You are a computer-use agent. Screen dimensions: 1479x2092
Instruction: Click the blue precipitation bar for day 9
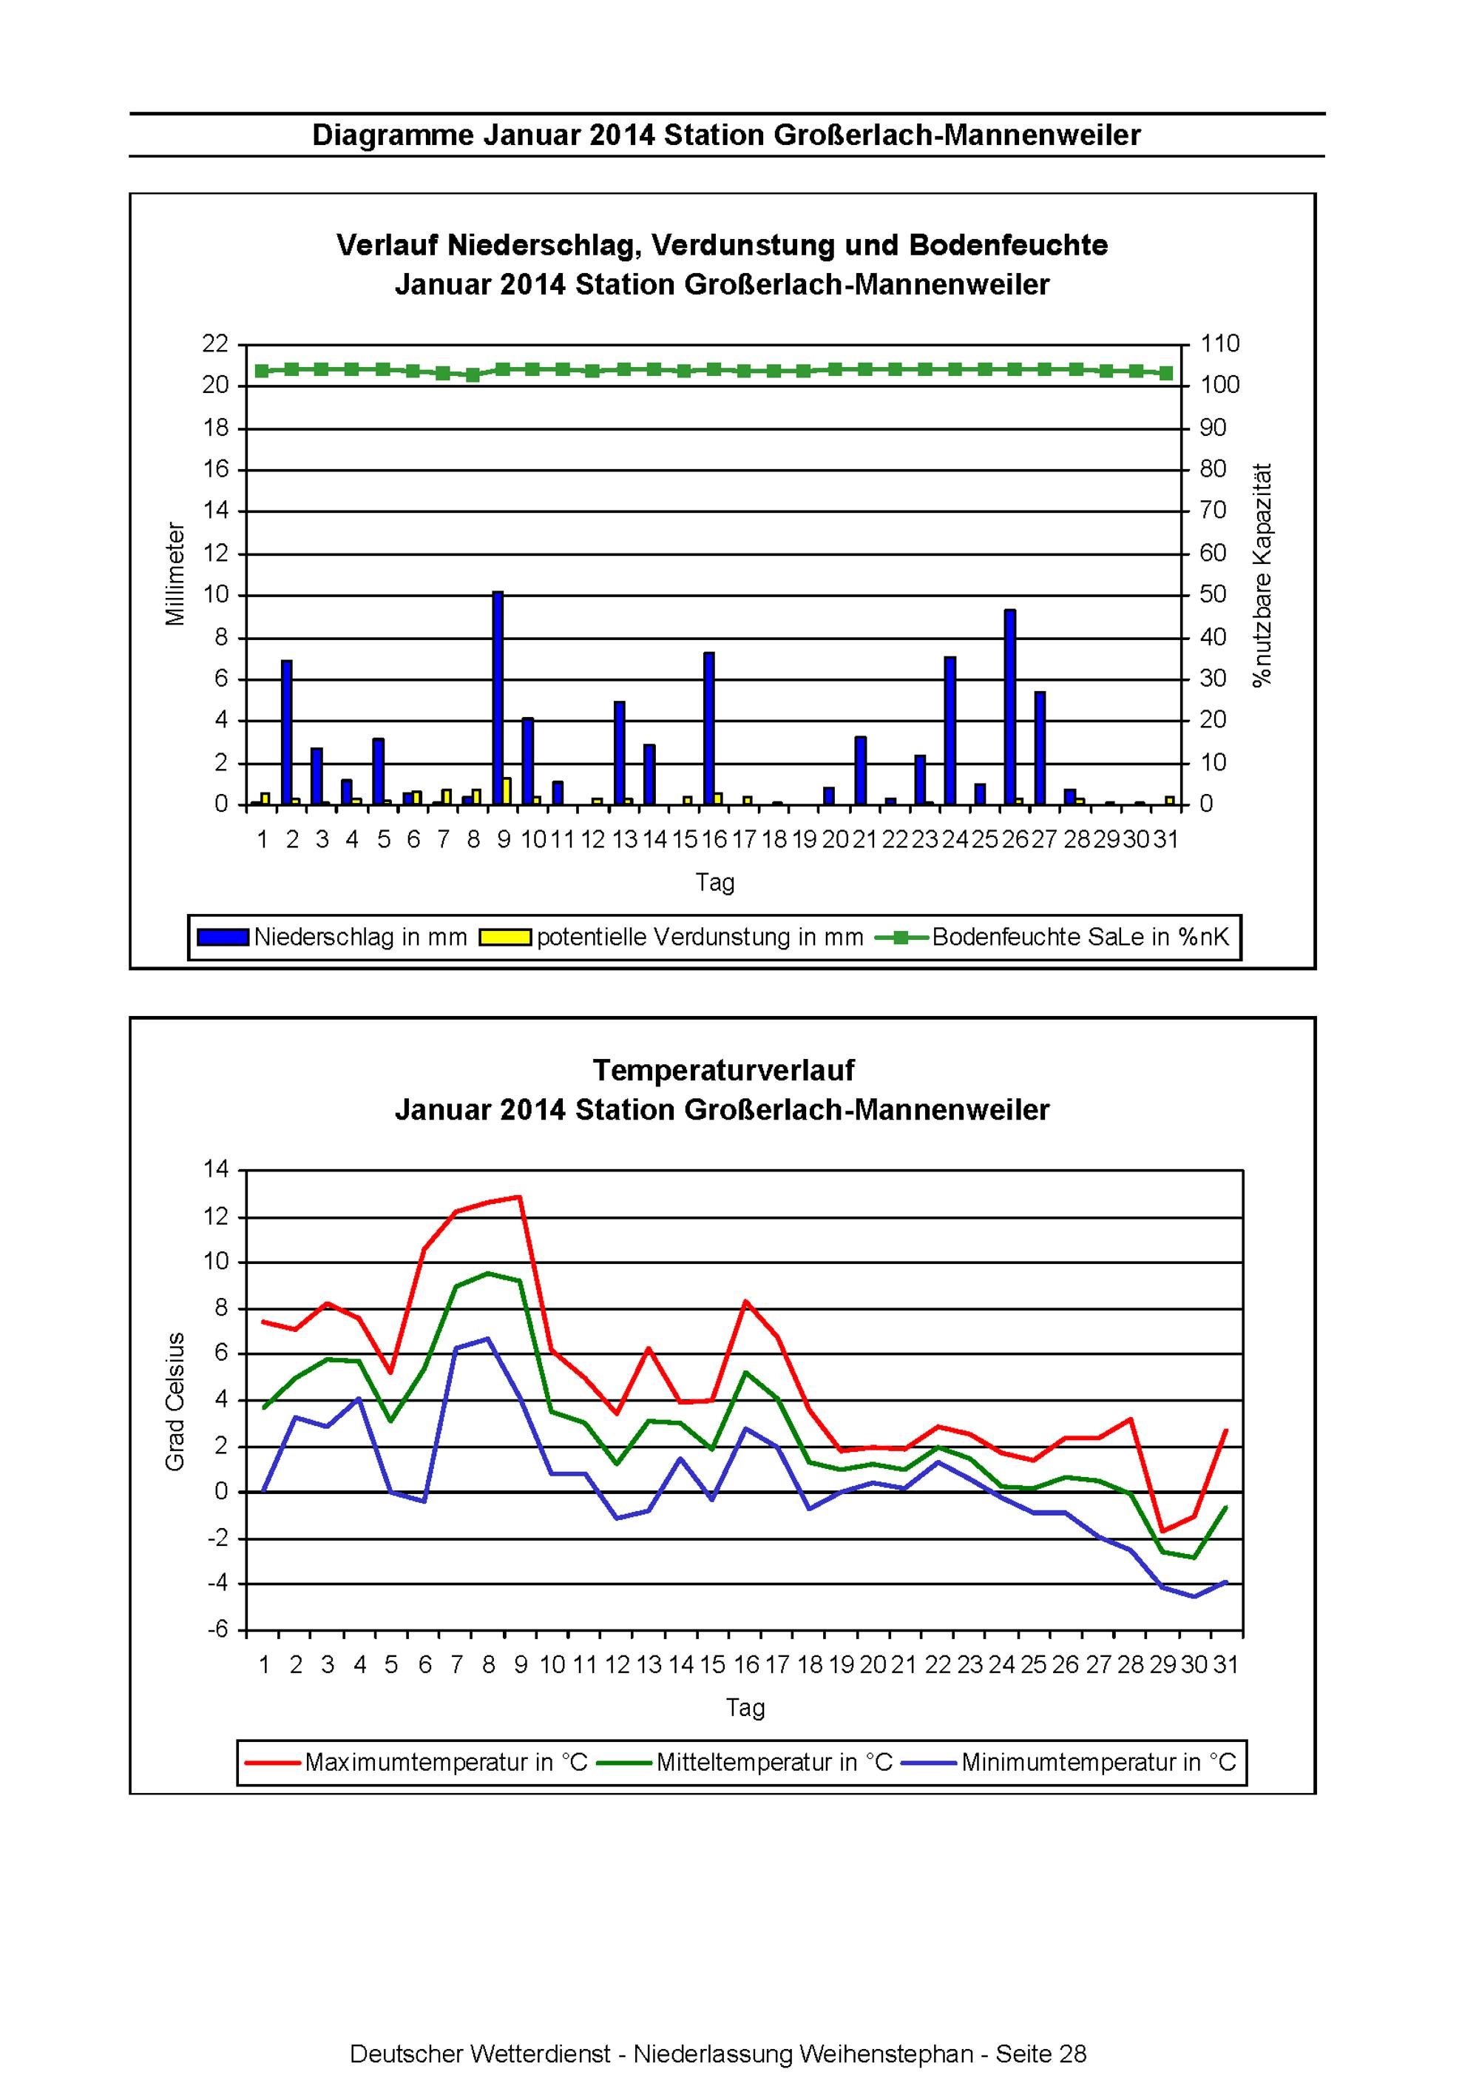pyautogui.click(x=497, y=698)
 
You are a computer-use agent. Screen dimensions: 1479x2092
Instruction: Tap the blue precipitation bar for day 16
pyautogui.click(x=708, y=728)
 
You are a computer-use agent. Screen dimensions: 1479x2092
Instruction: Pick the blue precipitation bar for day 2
pyautogui.click(x=287, y=733)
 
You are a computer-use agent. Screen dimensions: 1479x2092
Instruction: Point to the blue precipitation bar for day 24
pyautogui.click(x=950, y=730)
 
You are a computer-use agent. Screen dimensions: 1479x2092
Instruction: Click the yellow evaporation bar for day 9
pyautogui.click(x=507, y=791)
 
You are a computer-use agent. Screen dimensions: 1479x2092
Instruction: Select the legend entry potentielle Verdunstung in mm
pyautogui.click(x=672, y=937)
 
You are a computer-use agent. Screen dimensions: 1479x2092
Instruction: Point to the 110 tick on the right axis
pyautogui.click(x=1219, y=343)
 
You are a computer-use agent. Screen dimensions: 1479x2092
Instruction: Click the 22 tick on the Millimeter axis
pyautogui.click(x=215, y=343)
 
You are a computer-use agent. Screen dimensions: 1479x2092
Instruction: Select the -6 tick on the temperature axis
pyautogui.click(x=220, y=1630)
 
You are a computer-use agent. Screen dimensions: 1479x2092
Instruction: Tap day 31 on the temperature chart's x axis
pyautogui.click(x=1226, y=1665)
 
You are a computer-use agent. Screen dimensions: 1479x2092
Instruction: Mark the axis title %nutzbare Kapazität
pyautogui.click(x=1262, y=575)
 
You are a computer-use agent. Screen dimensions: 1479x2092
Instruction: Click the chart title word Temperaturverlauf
pyautogui.click(x=723, y=1070)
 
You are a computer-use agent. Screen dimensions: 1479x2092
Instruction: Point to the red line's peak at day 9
pyautogui.click(x=520, y=1197)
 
